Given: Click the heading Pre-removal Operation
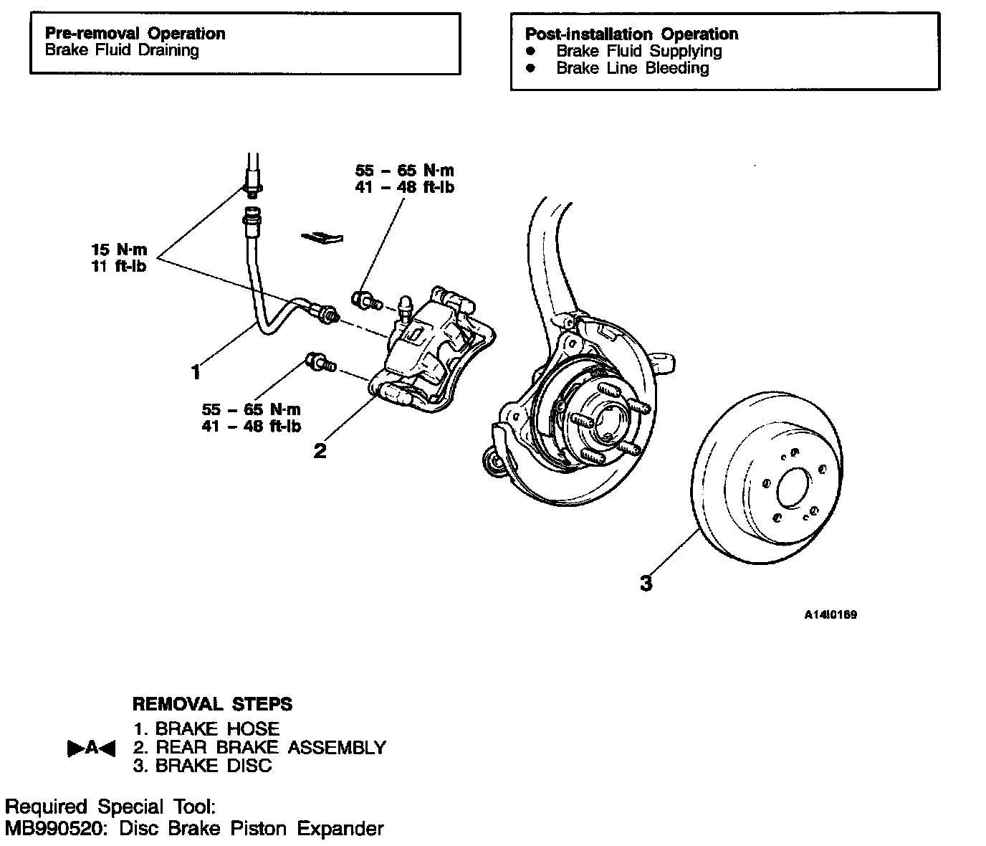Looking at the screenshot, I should pyautogui.click(x=135, y=34).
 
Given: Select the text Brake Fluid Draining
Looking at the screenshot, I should pyautogui.click(x=122, y=50).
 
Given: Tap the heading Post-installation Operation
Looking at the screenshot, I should pyautogui.click(x=631, y=34).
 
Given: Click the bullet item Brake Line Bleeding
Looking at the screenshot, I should pyautogui.click(x=632, y=68).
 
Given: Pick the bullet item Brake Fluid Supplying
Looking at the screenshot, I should pyautogui.click(x=638, y=51).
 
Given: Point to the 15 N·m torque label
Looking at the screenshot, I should pyautogui.click(x=119, y=249).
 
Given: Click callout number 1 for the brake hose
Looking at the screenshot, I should pyautogui.click(x=195, y=371).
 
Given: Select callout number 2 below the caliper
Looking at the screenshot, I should pyautogui.click(x=320, y=450).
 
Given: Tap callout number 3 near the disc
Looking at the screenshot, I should pyautogui.click(x=646, y=583).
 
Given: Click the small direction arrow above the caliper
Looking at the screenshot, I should pyautogui.click(x=322, y=236).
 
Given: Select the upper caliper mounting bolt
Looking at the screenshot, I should pyautogui.click(x=367, y=300).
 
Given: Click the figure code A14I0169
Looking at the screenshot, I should pyautogui.click(x=830, y=614).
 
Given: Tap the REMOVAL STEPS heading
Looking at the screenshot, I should pyautogui.click(x=212, y=703).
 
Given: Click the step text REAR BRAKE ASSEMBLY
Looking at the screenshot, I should pyautogui.click(x=270, y=747).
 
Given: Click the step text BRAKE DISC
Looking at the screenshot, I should pyautogui.click(x=213, y=766).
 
